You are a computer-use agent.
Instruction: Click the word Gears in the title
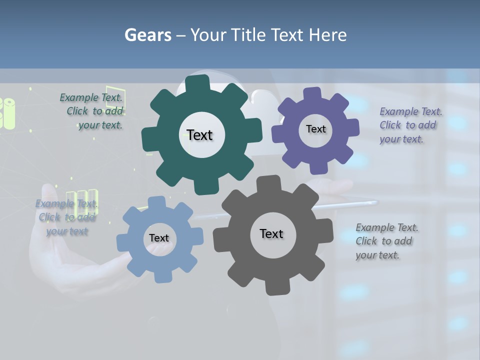click(147, 35)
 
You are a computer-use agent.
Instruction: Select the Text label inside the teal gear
click(199, 135)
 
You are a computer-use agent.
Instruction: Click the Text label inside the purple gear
click(315, 129)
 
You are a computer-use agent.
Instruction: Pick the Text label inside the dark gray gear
click(271, 234)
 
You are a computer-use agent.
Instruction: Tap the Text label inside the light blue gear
click(159, 238)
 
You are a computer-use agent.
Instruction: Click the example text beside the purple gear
click(410, 125)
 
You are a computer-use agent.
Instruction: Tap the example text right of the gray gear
click(387, 241)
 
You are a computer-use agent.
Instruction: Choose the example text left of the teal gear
click(95, 111)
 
